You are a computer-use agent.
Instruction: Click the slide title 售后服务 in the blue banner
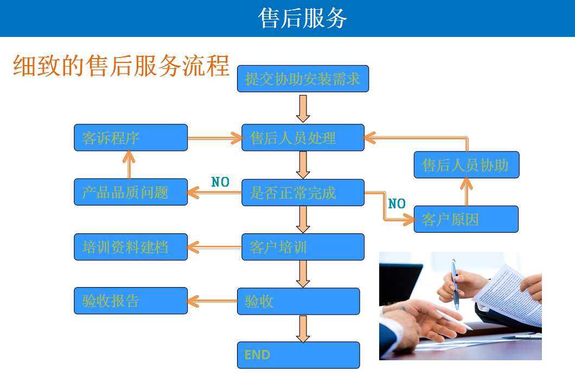pyautogui.click(x=303, y=18)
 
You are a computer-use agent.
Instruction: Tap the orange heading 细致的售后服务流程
pyautogui.click(x=121, y=65)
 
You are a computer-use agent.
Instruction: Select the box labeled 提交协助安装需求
pyautogui.click(x=303, y=79)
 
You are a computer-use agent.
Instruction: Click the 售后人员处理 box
pyautogui.click(x=303, y=138)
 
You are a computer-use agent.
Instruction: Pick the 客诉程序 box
pyautogui.click(x=131, y=138)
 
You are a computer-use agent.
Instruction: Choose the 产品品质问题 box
pyautogui.click(x=131, y=192)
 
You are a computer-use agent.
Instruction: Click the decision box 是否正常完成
pyautogui.click(x=303, y=193)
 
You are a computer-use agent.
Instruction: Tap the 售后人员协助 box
pyautogui.click(x=466, y=165)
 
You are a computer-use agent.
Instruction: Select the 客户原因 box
pyautogui.click(x=466, y=219)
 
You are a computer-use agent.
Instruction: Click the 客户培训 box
pyautogui.click(x=303, y=247)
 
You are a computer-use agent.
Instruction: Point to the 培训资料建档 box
pyautogui.click(x=131, y=247)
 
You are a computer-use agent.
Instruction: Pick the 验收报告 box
pyautogui.click(x=131, y=301)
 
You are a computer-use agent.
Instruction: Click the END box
pyautogui.click(x=298, y=355)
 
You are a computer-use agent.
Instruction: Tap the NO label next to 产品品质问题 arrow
pyautogui.click(x=220, y=182)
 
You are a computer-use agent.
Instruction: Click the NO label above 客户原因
pyautogui.click(x=397, y=204)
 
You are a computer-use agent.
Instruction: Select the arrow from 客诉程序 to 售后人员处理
pyautogui.click(x=215, y=138)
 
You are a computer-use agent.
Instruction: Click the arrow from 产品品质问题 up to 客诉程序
pyautogui.click(x=129, y=164)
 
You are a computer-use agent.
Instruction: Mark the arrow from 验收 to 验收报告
pyautogui.click(x=212, y=301)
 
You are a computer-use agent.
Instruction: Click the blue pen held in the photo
pyautogui.click(x=455, y=282)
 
